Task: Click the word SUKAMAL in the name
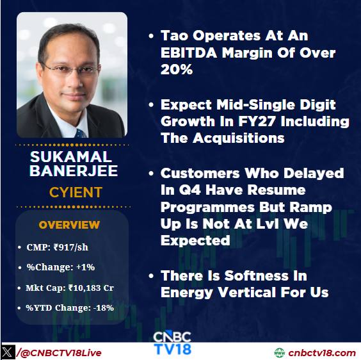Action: [71, 157]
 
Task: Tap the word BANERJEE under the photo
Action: [74, 171]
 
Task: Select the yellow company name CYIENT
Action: [76, 192]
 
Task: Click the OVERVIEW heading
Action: [69, 225]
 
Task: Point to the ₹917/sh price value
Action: [71, 247]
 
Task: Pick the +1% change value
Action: [85, 267]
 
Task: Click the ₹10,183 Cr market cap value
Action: [91, 288]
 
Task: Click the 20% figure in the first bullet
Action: [177, 69]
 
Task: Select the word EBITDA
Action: [189, 53]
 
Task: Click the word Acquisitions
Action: [239, 138]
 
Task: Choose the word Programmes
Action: [207, 207]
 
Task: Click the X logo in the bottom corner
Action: [8, 352]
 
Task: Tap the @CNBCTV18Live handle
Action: [61, 353]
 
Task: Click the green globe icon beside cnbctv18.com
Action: [279, 353]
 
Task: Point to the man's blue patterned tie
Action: [81, 133]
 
